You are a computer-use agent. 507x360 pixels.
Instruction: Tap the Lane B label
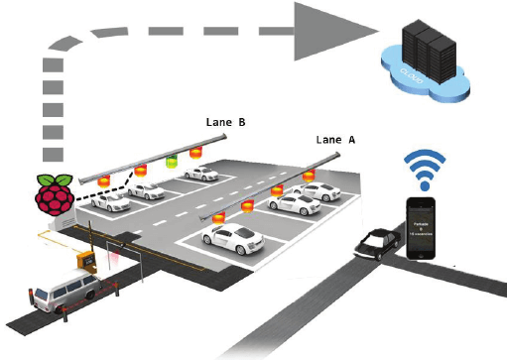coord(225,122)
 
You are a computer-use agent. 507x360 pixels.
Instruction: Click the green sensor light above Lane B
coord(170,159)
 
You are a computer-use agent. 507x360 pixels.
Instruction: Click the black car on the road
coord(375,243)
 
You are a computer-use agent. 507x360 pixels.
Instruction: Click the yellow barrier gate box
coord(87,260)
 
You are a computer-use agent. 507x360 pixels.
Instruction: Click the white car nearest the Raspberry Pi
coord(108,201)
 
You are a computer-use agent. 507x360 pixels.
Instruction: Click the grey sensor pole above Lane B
coord(139,161)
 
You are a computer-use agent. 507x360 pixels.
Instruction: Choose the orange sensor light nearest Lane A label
coord(310,176)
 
